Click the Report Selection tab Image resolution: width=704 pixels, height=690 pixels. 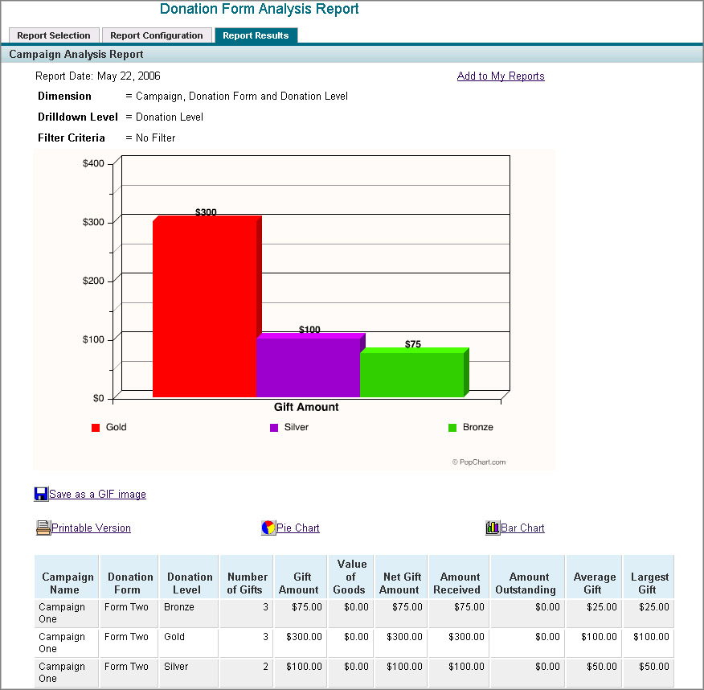54,35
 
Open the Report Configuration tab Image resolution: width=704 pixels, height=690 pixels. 157,35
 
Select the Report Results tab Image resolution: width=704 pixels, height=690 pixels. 256,35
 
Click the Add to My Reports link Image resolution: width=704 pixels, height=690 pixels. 501,76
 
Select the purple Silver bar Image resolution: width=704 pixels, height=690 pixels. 308,367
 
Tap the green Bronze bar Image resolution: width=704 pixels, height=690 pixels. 411,374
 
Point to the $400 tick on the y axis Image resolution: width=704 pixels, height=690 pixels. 93,164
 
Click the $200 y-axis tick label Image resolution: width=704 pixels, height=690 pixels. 93,281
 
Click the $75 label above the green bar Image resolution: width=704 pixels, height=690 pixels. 412,344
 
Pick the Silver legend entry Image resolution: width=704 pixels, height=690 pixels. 296,428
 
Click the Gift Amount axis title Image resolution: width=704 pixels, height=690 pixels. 306,407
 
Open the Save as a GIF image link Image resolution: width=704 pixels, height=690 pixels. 97,495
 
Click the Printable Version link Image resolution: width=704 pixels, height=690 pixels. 91,528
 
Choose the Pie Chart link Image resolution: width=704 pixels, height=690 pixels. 297,528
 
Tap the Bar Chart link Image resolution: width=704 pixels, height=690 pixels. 522,528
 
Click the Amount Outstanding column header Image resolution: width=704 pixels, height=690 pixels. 528,583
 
